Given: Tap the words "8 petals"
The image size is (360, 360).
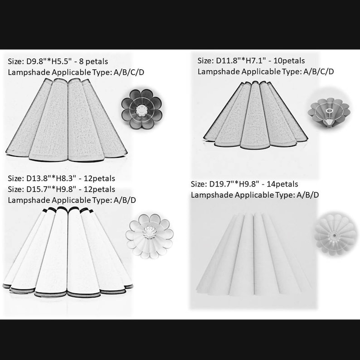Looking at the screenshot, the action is coord(93,62).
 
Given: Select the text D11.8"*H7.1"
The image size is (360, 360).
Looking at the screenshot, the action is coord(241,61).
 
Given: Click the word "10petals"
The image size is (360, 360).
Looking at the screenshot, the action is coord(289,61).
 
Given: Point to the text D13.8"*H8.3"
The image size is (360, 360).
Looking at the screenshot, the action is coord(51,179).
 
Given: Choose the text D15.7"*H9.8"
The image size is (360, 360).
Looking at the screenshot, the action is coord(51,190).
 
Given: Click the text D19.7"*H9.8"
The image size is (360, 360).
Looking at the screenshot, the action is coord(234,184).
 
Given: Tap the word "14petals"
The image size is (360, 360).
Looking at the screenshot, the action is coord(282,184).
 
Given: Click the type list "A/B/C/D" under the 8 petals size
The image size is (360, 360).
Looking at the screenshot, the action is coord(129,73).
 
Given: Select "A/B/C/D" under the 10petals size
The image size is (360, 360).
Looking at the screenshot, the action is coord(319,72).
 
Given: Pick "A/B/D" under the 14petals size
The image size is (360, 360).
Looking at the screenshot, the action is coord(308,195).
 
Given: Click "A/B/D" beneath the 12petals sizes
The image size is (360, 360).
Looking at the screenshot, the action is coord(125,200).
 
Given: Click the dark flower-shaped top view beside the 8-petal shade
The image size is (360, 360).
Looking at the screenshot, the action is coord(141,109).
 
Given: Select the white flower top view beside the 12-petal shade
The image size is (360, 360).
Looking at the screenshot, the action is coord(150,236).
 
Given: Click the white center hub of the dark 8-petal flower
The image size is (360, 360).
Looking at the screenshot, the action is coord(141,110).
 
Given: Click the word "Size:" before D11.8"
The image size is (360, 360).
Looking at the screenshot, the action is coord(206,61).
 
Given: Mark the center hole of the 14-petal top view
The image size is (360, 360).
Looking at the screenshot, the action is coord(334,236).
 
